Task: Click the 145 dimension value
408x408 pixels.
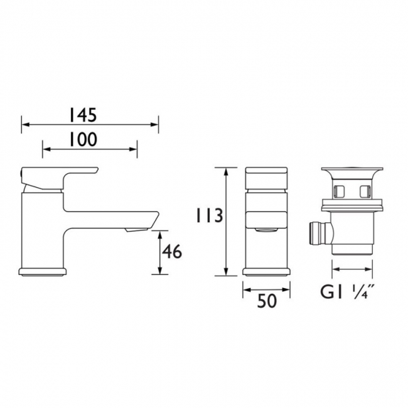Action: (x=83, y=115)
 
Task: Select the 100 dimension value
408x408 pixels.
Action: (x=83, y=139)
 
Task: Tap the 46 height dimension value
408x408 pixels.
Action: (x=172, y=252)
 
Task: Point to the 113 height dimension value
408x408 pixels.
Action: (x=210, y=215)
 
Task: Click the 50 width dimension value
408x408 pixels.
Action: (x=266, y=301)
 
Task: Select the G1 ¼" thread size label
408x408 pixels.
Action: (x=347, y=292)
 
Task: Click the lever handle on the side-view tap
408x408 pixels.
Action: (x=60, y=177)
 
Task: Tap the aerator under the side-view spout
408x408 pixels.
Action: (x=136, y=230)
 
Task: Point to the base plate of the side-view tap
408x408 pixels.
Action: (x=43, y=271)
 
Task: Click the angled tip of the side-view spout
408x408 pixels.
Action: (x=154, y=219)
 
